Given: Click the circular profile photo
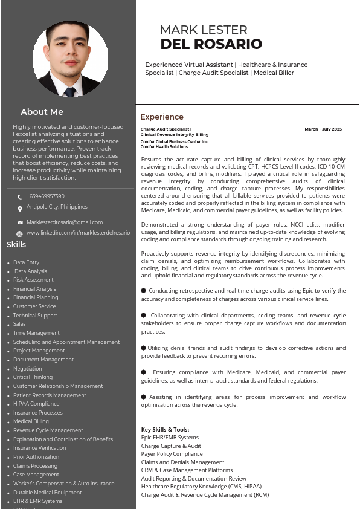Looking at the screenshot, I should click(x=70, y=59).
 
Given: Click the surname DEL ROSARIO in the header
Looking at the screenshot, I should click(x=211, y=44).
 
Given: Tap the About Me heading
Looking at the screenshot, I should click(x=42, y=112).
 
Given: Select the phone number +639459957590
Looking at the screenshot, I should click(x=45, y=196).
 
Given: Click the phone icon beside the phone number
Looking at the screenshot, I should click(x=20, y=197).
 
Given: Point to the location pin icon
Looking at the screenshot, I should click(x=20, y=208).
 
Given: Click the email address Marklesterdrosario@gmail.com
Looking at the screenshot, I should click(x=65, y=222).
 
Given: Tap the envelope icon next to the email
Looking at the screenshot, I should click(x=20, y=223).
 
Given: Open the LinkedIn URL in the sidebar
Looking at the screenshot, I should click(x=78, y=233).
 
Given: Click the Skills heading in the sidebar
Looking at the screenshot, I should click(x=16, y=245).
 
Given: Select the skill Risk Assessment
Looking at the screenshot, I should click(x=33, y=280).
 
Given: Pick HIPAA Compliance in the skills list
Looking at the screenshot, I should click(x=36, y=404).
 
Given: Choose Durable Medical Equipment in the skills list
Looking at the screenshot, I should click(x=47, y=492).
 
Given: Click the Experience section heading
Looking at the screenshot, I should click(x=162, y=117).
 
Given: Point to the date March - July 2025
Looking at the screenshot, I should click(x=323, y=129).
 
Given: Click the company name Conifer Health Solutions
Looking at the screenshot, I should click(x=164, y=146).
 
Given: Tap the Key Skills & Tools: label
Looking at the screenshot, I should click(x=165, y=430).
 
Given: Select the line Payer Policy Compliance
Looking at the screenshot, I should click(x=172, y=453).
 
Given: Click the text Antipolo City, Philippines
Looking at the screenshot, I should click(x=57, y=207).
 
